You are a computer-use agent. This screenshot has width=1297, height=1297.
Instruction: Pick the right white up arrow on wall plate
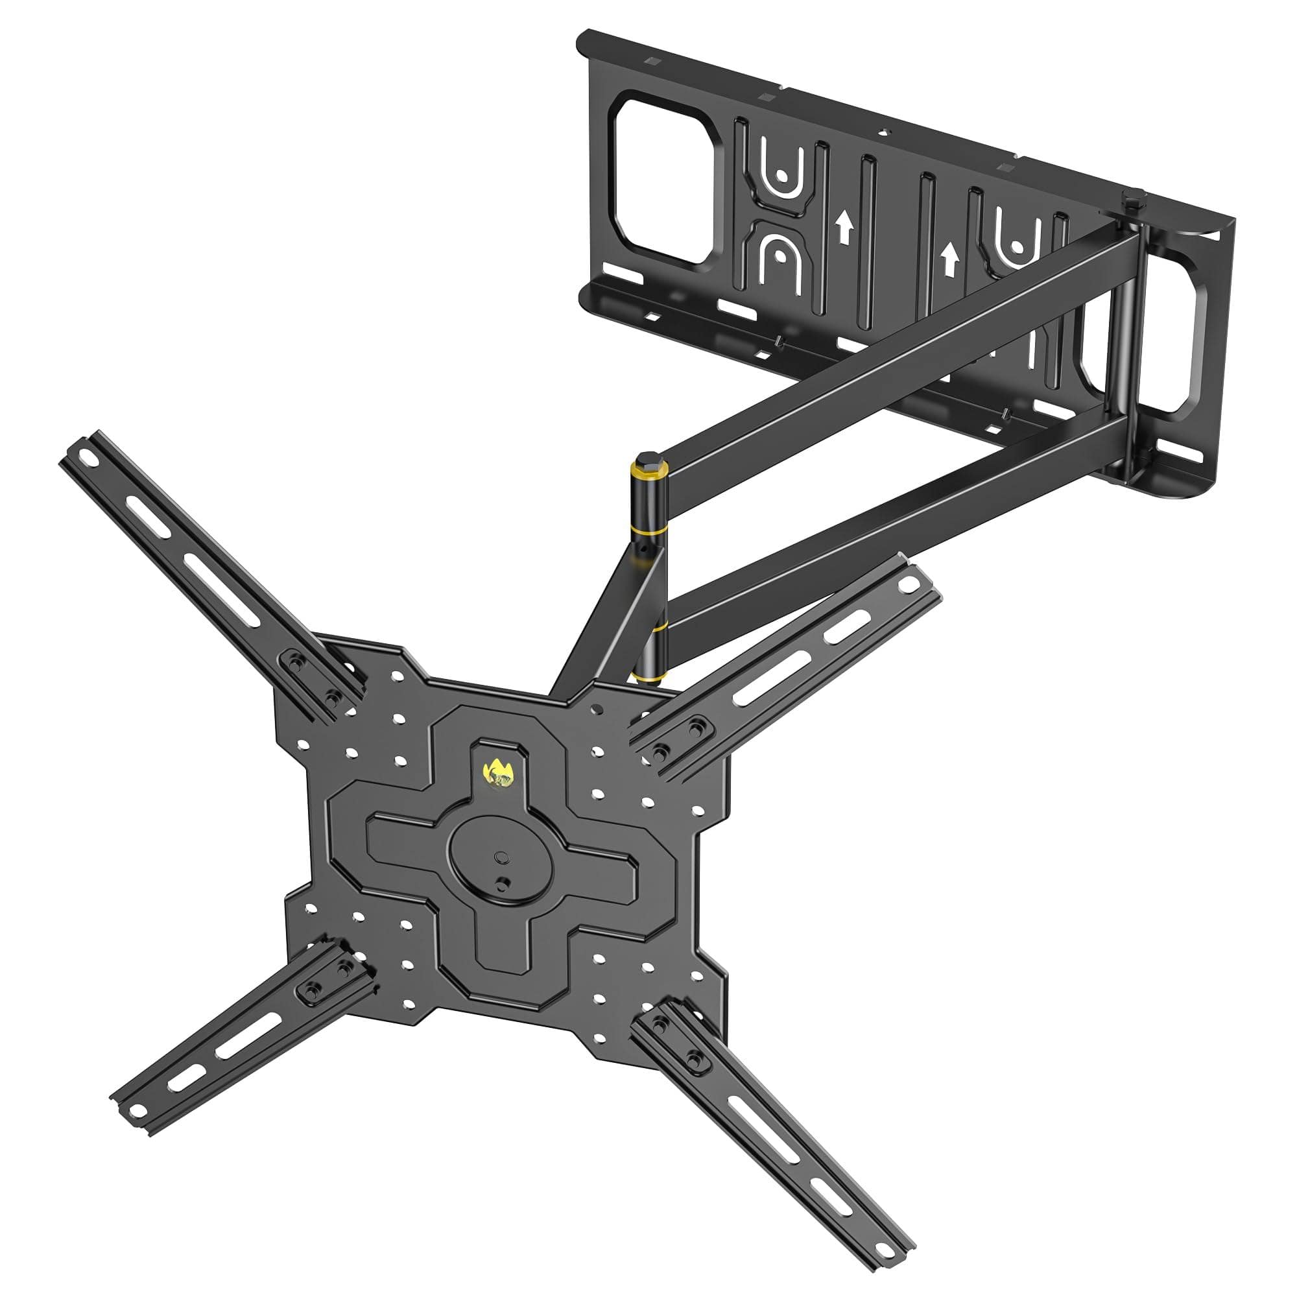(949, 259)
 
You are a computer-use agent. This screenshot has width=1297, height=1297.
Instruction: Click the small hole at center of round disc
(501, 857)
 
